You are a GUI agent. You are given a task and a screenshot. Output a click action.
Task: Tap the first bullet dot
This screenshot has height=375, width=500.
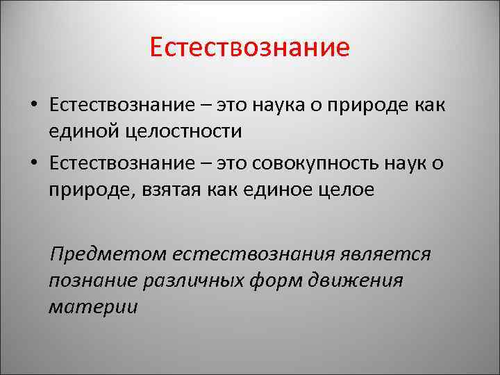click(x=33, y=106)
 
